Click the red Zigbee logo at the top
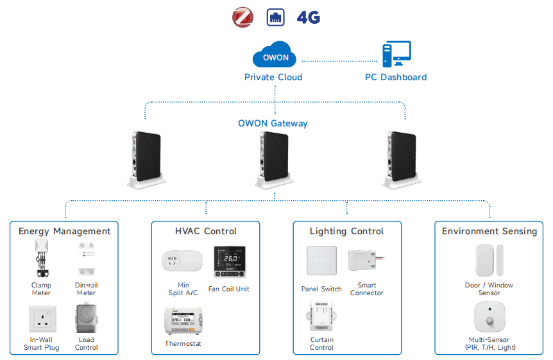[243, 17]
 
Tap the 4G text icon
[308, 17]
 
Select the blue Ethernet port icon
[275, 17]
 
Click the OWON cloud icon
[276, 56]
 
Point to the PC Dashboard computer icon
[396, 55]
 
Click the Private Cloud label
[273, 77]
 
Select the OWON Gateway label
[273, 123]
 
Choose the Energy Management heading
[64, 231]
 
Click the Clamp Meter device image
[42, 260]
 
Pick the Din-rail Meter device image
[86, 260]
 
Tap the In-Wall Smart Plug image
[42, 318]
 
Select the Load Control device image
[86, 318]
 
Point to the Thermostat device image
[183, 321]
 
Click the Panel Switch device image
[321, 262]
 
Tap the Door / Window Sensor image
[489, 261]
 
